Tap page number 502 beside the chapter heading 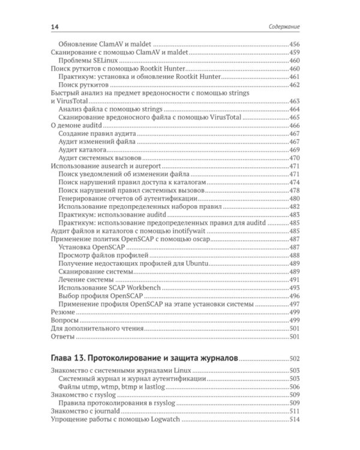[294, 359]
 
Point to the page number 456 [294, 44]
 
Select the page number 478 [294, 190]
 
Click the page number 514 [294, 421]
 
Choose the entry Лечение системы [86, 280]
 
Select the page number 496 [294, 296]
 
